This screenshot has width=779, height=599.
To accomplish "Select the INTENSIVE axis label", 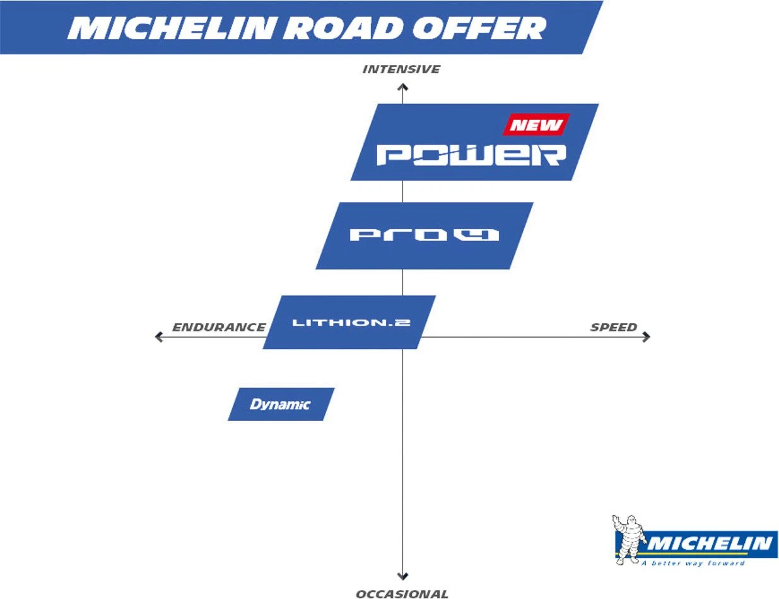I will click(401, 69).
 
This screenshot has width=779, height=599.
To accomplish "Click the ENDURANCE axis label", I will click(218, 327).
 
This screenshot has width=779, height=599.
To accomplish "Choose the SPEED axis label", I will click(613, 327).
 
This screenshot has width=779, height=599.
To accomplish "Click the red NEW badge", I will click(536, 124).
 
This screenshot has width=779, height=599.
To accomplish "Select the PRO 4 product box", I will click(424, 235).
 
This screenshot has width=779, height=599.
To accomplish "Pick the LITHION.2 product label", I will click(351, 323).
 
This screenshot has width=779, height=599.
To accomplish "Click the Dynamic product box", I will click(280, 404).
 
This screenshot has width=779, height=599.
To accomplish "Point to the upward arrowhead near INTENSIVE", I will click(402, 86).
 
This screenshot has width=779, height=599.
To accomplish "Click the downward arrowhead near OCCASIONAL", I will click(402, 576).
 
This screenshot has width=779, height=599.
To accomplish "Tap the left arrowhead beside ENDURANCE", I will click(159, 337).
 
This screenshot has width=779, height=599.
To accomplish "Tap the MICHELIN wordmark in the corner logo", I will click(710, 543).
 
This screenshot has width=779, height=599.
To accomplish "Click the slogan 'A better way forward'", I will click(693, 562).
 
